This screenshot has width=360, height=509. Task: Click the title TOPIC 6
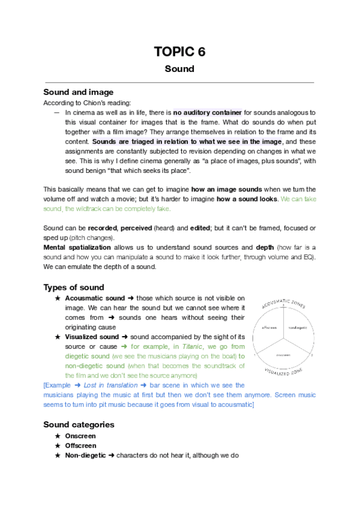pyautogui.click(x=179, y=52)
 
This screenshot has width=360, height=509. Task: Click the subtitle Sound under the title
pyautogui.click(x=179, y=68)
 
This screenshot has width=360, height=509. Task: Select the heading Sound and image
pyautogui.click(x=78, y=92)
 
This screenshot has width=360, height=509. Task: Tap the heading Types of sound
pyautogui.click(x=74, y=287)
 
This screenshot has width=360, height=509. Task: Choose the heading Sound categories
pyautogui.click(x=79, y=424)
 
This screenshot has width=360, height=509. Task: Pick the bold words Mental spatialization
pyautogui.click(x=77, y=247)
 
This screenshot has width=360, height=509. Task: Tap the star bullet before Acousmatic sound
pyautogui.click(x=57, y=298)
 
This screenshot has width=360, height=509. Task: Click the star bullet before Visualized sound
pyautogui.click(x=57, y=337)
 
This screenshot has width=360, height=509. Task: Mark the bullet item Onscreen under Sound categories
pyautogui.click(x=80, y=436)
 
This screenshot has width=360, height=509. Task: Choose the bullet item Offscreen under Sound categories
pyautogui.click(x=80, y=445)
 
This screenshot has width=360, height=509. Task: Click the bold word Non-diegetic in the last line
pyautogui.click(x=85, y=456)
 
